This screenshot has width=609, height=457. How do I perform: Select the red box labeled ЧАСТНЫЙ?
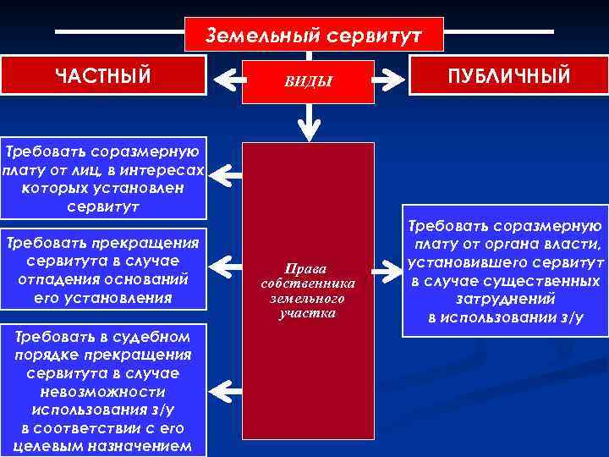coord(103,75)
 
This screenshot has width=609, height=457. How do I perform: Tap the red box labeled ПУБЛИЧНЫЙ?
coord(509,76)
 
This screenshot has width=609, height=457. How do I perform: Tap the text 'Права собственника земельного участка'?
coord(309,288)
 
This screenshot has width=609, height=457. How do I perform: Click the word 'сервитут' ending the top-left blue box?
coord(103,206)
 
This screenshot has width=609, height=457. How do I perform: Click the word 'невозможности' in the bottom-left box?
coord(102,393)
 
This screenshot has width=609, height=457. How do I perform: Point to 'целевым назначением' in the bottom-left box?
coord(102,446)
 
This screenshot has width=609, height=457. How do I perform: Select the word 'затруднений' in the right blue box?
coord(505,299)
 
